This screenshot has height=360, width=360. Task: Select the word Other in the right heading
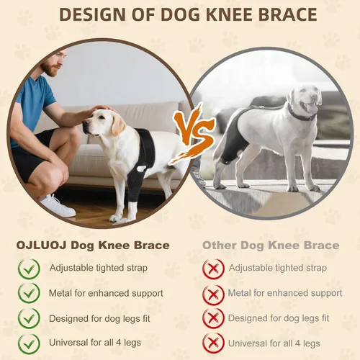[220, 246]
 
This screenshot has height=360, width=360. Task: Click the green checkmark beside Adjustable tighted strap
[29, 269]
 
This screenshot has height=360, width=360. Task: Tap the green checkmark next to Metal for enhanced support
[29, 293]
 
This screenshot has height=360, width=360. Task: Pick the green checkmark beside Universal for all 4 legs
[29, 344]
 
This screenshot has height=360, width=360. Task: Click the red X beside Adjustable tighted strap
[213, 269]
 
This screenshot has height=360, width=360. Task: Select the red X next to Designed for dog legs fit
[213, 318]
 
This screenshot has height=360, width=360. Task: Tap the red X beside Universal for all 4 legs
[213, 343]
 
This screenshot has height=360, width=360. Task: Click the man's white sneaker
[57, 206]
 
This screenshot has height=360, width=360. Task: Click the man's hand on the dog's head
[101, 109]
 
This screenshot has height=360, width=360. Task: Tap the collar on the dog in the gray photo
[300, 114]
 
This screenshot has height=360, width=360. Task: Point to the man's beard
[51, 68]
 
